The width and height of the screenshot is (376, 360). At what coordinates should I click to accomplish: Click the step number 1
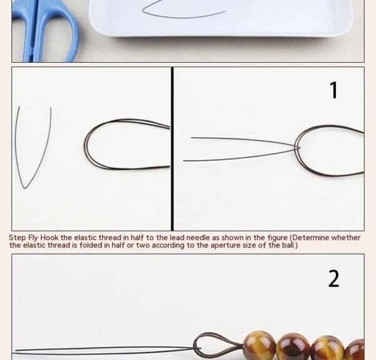333,90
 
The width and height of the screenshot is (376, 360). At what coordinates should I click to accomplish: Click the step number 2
333,278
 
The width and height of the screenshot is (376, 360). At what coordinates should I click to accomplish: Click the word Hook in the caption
49,238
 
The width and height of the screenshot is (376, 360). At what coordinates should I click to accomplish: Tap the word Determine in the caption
311,238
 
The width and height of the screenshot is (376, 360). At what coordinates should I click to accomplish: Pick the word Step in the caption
18,238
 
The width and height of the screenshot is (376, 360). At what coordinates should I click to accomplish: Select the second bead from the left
294,346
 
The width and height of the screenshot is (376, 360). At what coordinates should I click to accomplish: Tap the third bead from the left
328,347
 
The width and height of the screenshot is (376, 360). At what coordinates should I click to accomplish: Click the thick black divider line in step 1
172,149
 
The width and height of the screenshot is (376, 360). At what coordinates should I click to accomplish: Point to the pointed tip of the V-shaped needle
24,188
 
